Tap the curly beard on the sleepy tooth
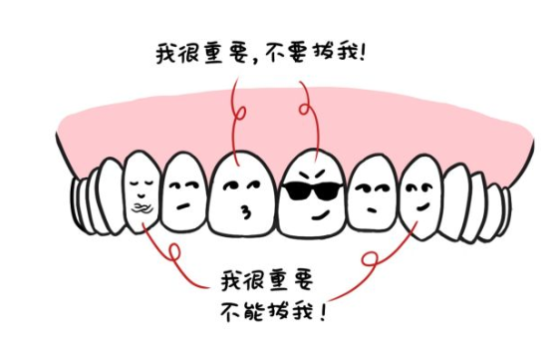pos(141,208)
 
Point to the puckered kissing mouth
pos(243,211)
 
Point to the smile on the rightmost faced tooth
pos(422,208)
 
